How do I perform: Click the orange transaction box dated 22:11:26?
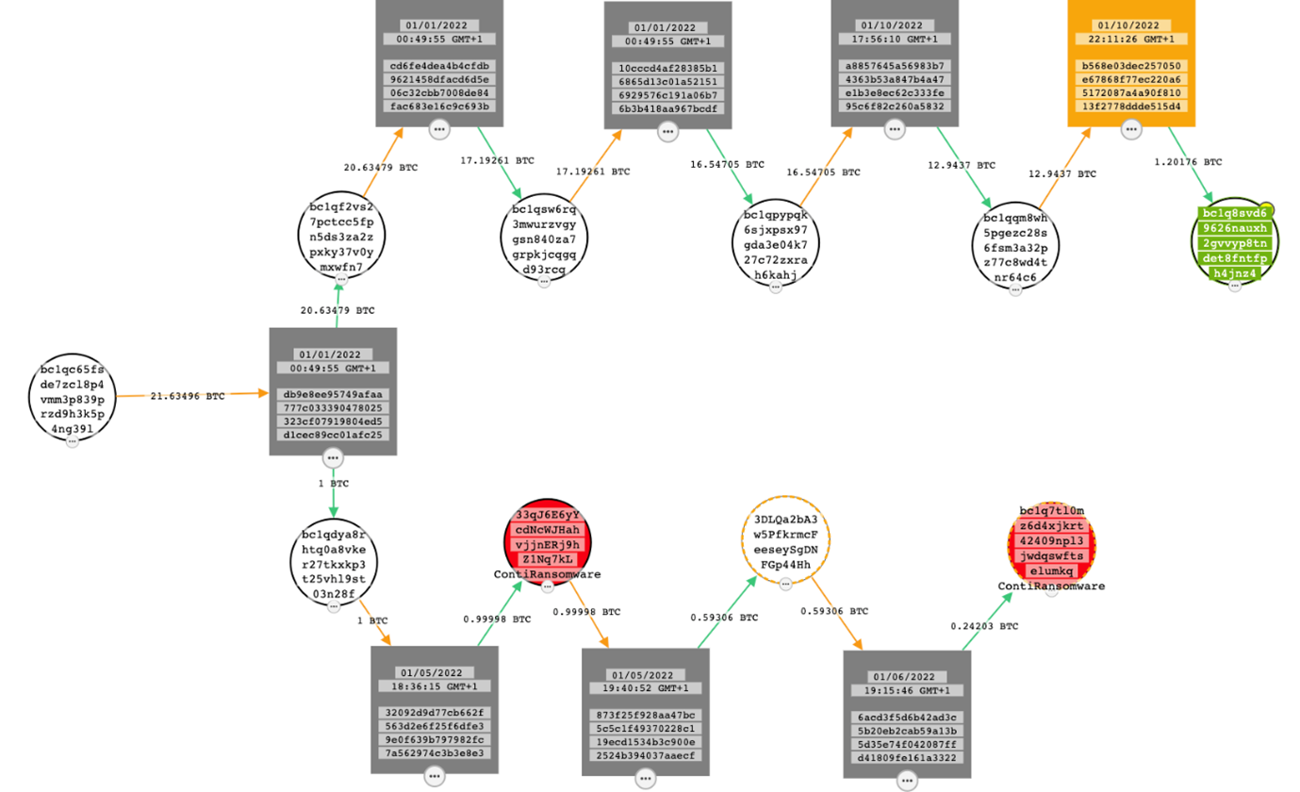[x=1131, y=63]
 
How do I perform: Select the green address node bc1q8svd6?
[x=1235, y=242]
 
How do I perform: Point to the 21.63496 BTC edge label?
[x=188, y=396]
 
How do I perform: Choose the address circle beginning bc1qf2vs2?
[x=341, y=236]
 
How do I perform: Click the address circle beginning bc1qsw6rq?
[x=544, y=239]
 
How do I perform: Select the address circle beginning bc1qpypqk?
[x=776, y=244]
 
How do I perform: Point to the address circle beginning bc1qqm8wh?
[x=1015, y=247]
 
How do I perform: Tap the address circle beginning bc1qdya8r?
[x=333, y=563]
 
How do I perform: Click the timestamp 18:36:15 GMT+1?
[x=434, y=686]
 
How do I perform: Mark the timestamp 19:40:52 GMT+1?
[x=645, y=688]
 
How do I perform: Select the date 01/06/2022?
[x=906, y=677]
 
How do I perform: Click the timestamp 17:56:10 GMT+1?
[x=896, y=39]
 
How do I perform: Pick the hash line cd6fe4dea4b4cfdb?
[x=438, y=66]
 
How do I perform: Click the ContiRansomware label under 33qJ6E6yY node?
[x=547, y=573]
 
